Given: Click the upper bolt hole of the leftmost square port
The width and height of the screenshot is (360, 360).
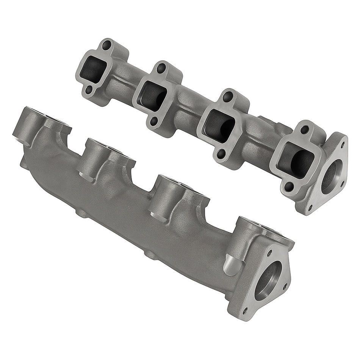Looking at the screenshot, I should pyautogui.click(x=106, y=45).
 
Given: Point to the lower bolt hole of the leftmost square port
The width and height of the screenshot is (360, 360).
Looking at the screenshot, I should pyautogui.click(x=89, y=90).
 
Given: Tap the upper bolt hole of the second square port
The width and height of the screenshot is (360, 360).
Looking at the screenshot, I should pyautogui.click(x=161, y=69).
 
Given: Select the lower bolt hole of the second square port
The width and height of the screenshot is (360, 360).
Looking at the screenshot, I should pyautogui.click(x=153, y=121).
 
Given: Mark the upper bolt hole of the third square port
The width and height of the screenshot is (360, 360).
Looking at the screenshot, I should pyautogui.click(x=228, y=96).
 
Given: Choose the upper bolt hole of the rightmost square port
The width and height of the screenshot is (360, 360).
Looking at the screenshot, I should pyautogui.click(x=304, y=129).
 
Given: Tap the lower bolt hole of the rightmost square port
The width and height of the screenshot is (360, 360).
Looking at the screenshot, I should pyautogui.click(x=289, y=186).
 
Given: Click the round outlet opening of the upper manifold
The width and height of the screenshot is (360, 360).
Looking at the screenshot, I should pyautogui.click(x=332, y=177).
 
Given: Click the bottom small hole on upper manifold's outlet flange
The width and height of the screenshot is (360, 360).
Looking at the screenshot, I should pyautogui.click(x=310, y=207).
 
